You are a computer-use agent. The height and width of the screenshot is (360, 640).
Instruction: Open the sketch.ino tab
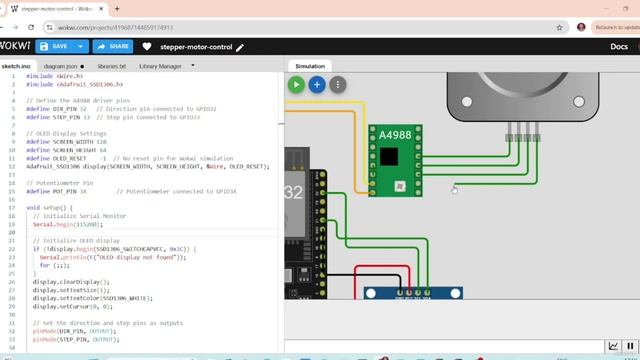click(16, 66)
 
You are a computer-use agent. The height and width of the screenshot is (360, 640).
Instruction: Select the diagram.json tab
click(61, 66)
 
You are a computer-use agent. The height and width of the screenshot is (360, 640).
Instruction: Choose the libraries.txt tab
click(111, 66)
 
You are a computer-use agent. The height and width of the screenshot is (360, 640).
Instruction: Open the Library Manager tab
click(160, 66)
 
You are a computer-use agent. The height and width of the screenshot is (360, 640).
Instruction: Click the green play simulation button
click(296, 85)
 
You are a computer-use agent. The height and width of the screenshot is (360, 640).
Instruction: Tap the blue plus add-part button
click(317, 85)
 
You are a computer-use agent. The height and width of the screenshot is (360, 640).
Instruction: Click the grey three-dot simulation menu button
click(338, 85)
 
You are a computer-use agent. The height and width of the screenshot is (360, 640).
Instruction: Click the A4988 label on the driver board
click(394, 134)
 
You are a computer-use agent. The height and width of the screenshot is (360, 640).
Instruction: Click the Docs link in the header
click(619, 46)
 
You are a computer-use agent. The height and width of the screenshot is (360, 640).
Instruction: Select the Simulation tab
click(309, 66)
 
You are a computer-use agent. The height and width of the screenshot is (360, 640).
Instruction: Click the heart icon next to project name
click(147, 46)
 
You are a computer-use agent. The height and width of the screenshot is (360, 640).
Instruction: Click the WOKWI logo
click(14, 46)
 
